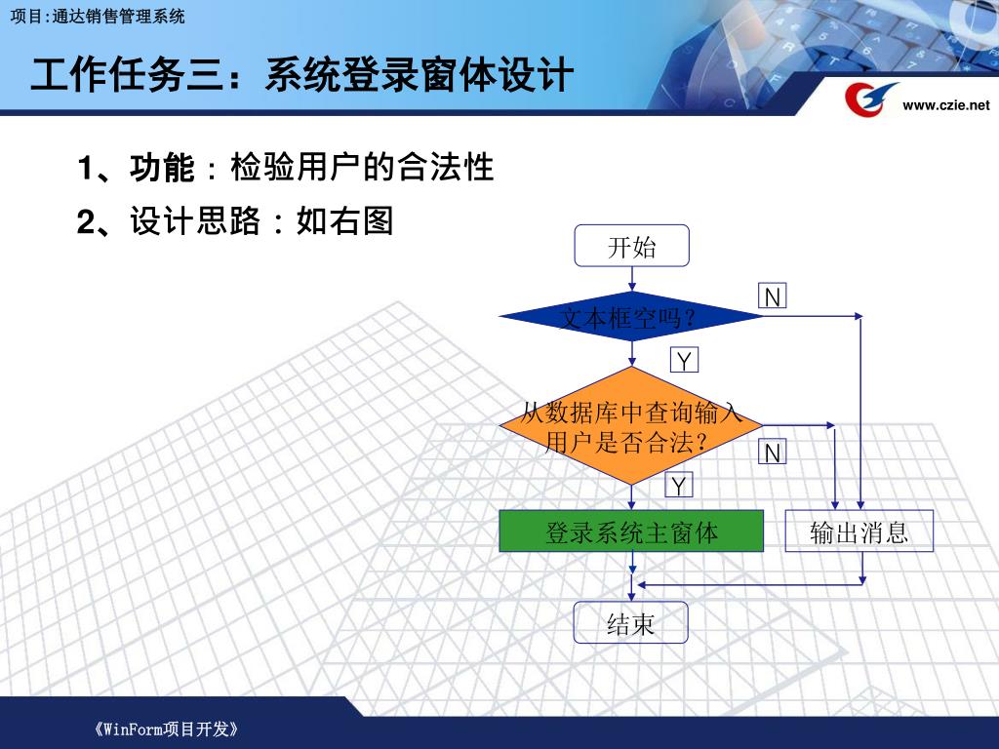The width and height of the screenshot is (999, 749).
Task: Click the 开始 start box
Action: [631, 246]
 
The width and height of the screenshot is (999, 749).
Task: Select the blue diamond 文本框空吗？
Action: [631, 317]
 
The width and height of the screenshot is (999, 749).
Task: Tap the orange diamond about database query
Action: [631, 426]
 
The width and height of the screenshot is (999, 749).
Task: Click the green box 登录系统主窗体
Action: [631, 532]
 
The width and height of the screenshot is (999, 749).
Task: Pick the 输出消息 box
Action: [859, 532]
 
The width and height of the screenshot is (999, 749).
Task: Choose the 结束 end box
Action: [631, 622]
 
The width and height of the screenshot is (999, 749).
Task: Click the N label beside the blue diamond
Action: [773, 296]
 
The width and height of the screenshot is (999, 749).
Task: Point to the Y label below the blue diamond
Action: [684, 362]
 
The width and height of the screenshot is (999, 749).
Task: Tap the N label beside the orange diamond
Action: [773, 453]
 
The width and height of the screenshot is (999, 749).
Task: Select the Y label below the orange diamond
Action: [679, 485]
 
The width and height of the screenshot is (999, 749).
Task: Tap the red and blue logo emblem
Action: [868, 99]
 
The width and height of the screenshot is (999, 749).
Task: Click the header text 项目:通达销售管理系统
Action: [97, 16]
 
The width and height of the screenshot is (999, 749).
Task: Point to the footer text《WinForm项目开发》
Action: [167, 729]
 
